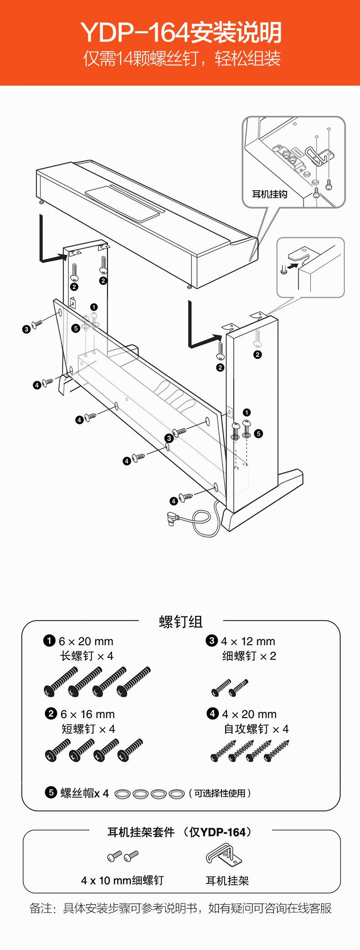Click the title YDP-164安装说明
pyautogui.click(x=181, y=32)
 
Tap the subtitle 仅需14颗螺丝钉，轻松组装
pyautogui.click(x=181, y=59)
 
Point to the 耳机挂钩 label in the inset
pyautogui.click(x=269, y=194)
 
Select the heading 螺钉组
pyautogui.click(x=180, y=622)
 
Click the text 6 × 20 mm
pyautogui.click(x=86, y=641)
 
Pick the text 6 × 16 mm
pyautogui.click(x=87, y=714)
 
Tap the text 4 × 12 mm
pyautogui.click(x=248, y=641)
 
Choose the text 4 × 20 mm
pyautogui.click(x=249, y=714)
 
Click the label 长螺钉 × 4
pyautogui.click(x=87, y=656)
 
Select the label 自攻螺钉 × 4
pyautogui.click(x=256, y=729)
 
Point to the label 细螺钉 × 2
pyautogui.click(x=249, y=656)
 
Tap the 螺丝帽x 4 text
pyautogui.click(x=84, y=793)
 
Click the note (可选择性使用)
pyautogui.click(x=220, y=793)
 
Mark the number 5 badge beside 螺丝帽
pyautogui.click(x=51, y=792)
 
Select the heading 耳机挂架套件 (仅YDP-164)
pyautogui.click(x=180, y=832)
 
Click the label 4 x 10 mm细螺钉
pyautogui.click(x=122, y=880)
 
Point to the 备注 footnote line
pyautogui.click(x=180, y=908)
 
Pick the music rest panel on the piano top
pyautogui.click(x=124, y=203)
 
